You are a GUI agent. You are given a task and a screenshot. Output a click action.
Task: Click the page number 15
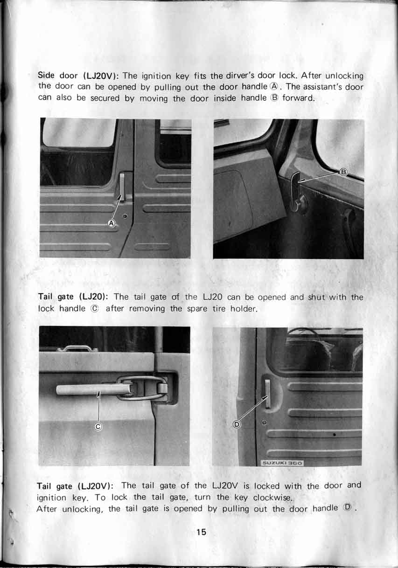(x=201, y=532)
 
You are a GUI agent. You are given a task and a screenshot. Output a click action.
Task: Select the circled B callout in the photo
(x=343, y=172)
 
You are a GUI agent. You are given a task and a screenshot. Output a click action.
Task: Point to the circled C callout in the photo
(x=98, y=426)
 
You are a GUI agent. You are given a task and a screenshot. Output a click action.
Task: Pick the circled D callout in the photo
(x=237, y=424)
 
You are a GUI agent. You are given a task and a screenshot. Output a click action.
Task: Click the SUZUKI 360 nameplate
(x=283, y=463)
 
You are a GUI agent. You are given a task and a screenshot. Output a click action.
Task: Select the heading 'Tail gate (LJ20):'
(x=73, y=297)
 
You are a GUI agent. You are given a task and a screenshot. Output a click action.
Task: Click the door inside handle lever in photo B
(x=296, y=186)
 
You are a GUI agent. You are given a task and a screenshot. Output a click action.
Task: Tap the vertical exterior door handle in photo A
(x=122, y=187)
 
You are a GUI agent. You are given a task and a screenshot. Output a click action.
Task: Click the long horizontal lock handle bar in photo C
(x=93, y=389)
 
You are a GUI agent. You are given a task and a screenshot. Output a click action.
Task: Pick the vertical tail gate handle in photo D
(x=267, y=394)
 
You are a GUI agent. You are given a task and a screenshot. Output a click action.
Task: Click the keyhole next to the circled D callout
(x=264, y=423)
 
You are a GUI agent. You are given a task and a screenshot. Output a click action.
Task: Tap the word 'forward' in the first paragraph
(x=299, y=98)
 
